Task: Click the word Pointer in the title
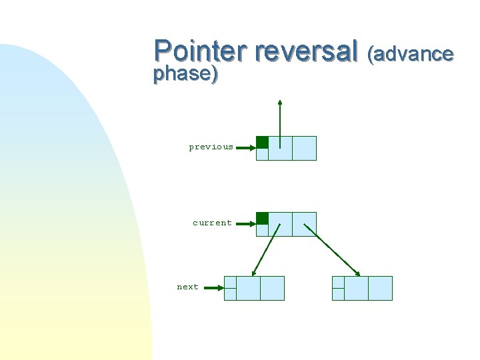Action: pyautogui.click(x=200, y=51)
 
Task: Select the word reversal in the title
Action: pyautogui.click(x=307, y=51)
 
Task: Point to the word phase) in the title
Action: pyautogui.click(x=185, y=74)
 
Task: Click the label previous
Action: pyautogui.click(x=211, y=147)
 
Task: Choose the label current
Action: pyautogui.click(x=212, y=223)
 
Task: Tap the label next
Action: pyautogui.click(x=187, y=287)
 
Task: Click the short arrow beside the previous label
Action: pyautogui.click(x=246, y=148)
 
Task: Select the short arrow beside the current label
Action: pyautogui.click(x=246, y=224)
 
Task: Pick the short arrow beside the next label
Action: pyautogui.click(x=213, y=288)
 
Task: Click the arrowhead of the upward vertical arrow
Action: pyautogui.click(x=280, y=103)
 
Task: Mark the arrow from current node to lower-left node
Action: pyautogui.click(x=266, y=249)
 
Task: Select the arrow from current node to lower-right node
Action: pyautogui.click(x=332, y=249)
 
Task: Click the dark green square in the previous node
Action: pyautogui.click(x=263, y=142)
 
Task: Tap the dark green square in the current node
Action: pyautogui.click(x=263, y=218)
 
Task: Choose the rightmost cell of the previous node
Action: pyautogui.click(x=304, y=148)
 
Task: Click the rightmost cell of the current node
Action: pyautogui.click(x=304, y=224)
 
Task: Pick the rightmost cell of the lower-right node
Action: pyautogui.click(x=380, y=288)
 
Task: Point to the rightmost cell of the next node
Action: pyautogui.click(x=272, y=288)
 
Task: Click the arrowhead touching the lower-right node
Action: pyautogui.click(x=358, y=273)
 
